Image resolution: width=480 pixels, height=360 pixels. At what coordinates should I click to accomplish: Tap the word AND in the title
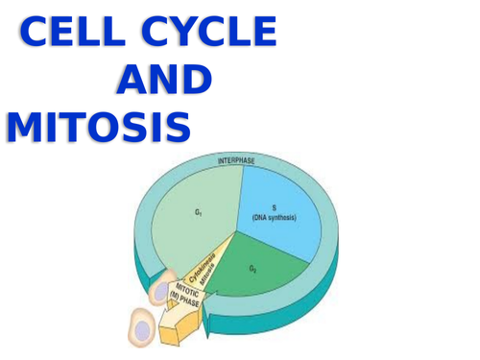tap(162, 81)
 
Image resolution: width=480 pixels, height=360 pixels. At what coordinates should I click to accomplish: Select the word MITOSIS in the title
tap(98, 127)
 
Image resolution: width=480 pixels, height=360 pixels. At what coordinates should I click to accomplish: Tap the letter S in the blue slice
tap(274, 207)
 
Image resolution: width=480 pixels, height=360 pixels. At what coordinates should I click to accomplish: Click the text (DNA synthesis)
tap(275, 218)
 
